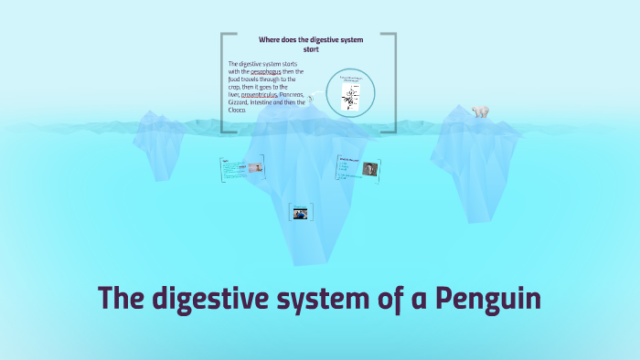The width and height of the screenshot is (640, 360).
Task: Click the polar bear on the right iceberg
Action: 480,111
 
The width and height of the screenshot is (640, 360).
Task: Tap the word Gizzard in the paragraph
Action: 239,103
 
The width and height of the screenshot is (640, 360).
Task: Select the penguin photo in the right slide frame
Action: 369,168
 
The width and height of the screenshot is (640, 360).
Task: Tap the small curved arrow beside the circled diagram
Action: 311,97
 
